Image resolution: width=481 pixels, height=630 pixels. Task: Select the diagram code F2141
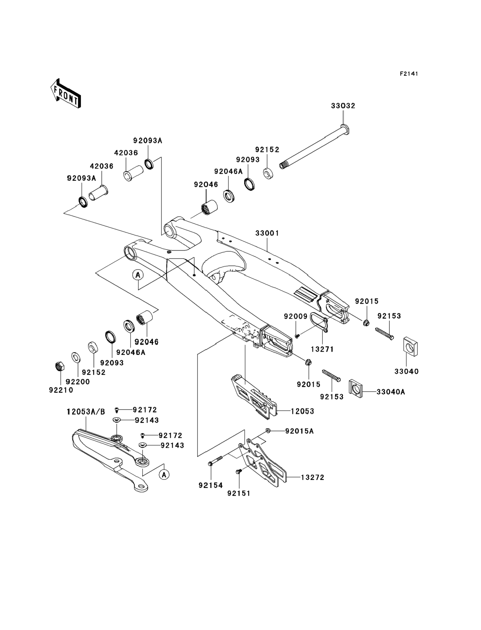click(x=409, y=74)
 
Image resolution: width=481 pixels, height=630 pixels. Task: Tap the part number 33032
click(x=343, y=106)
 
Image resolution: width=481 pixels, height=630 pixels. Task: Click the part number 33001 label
click(x=267, y=233)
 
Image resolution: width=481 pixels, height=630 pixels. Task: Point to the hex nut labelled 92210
click(x=59, y=366)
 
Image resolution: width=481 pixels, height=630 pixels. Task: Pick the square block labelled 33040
click(x=410, y=347)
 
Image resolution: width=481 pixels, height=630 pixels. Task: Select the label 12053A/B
click(x=86, y=412)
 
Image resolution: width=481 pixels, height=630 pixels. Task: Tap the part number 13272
click(x=312, y=477)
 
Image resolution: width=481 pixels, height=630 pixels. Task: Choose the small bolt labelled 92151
click(x=238, y=471)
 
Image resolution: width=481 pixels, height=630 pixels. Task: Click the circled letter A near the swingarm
click(x=138, y=275)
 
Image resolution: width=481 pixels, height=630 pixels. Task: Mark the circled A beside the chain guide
click(x=164, y=475)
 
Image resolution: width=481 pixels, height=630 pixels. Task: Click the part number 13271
click(x=322, y=349)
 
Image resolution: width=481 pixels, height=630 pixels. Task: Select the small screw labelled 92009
click(x=297, y=335)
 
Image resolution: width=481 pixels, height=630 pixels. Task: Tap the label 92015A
click(x=299, y=439)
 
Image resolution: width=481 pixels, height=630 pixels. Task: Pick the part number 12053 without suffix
click(x=302, y=411)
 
